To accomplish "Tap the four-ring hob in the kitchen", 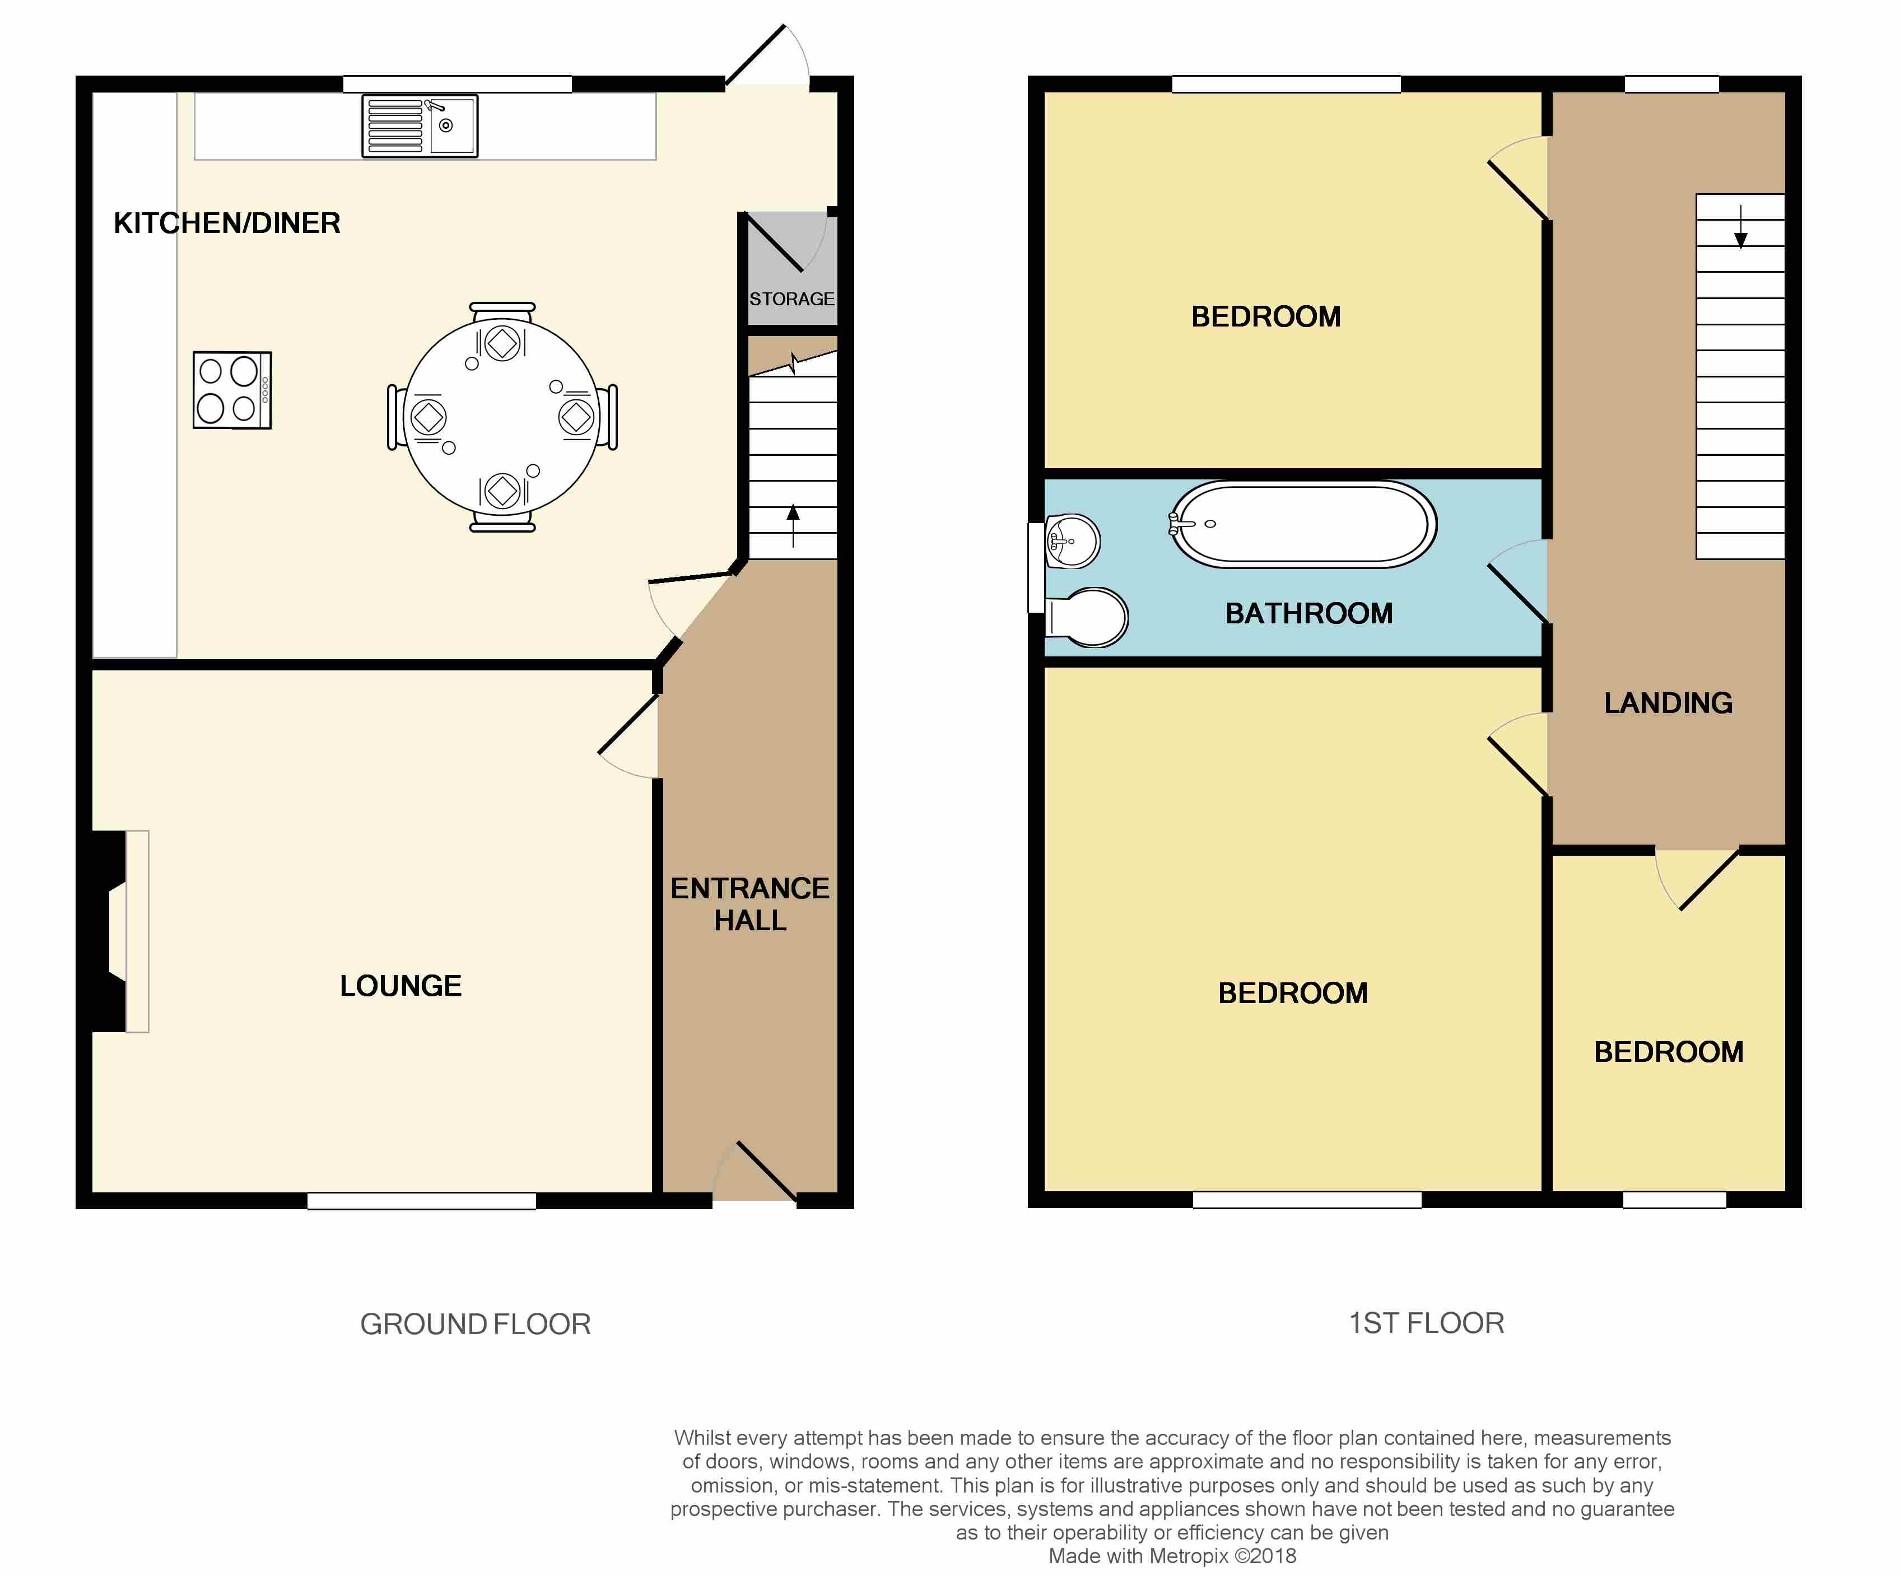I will tap(232, 390).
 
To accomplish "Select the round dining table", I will tap(502, 418).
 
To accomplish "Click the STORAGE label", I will tap(791, 299).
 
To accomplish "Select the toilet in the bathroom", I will tap(1090, 618).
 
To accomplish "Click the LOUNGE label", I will tap(401, 985).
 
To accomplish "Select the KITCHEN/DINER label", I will tap(227, 222).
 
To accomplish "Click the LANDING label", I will tap(1668, 703).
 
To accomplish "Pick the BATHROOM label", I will tap(1308, 613).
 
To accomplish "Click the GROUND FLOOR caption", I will tap(475, 1323).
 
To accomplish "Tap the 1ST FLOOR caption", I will tap(1426, 1323).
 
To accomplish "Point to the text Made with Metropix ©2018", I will tap(1172, 1556).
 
